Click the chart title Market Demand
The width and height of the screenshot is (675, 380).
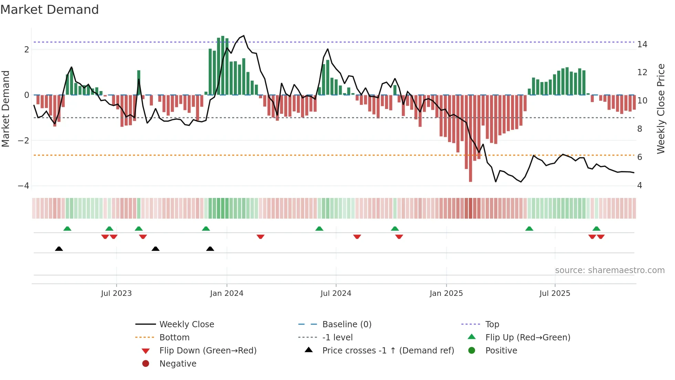click(x=50, y=10)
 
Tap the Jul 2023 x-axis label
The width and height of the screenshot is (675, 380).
click(x=116, y=293)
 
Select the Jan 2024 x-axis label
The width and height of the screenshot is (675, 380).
click(x=227, y=293)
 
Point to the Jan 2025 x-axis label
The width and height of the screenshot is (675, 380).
click(x=446, y=293)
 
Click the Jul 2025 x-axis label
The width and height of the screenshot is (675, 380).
click(x=555, y=293)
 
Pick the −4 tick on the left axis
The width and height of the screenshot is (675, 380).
click(x=24, y=186)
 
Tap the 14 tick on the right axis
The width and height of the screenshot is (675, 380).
click(x=642, y=44)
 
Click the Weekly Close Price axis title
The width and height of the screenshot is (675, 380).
click(x=661, y=109)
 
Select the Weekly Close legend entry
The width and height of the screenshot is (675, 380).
click(x=187, y=324)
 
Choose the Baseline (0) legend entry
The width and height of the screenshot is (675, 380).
click(x=347, y=324)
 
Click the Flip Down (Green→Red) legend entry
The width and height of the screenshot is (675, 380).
click(x=208, y=351)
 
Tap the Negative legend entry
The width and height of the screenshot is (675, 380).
click(x=178, y=364)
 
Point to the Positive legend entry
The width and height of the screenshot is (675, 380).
click(x=501, y=351)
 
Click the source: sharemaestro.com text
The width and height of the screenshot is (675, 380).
click(x=610, y=270)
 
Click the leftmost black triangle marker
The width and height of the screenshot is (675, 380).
click(x=59, y=249)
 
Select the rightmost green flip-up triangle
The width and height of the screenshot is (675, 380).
click(x=596, y=229)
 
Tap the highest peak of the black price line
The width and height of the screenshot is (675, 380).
click(x=244, y=36)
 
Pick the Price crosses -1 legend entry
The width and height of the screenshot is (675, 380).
click(x=388, y=351)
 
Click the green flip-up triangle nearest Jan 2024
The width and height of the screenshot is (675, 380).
click(x=206, y=229)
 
